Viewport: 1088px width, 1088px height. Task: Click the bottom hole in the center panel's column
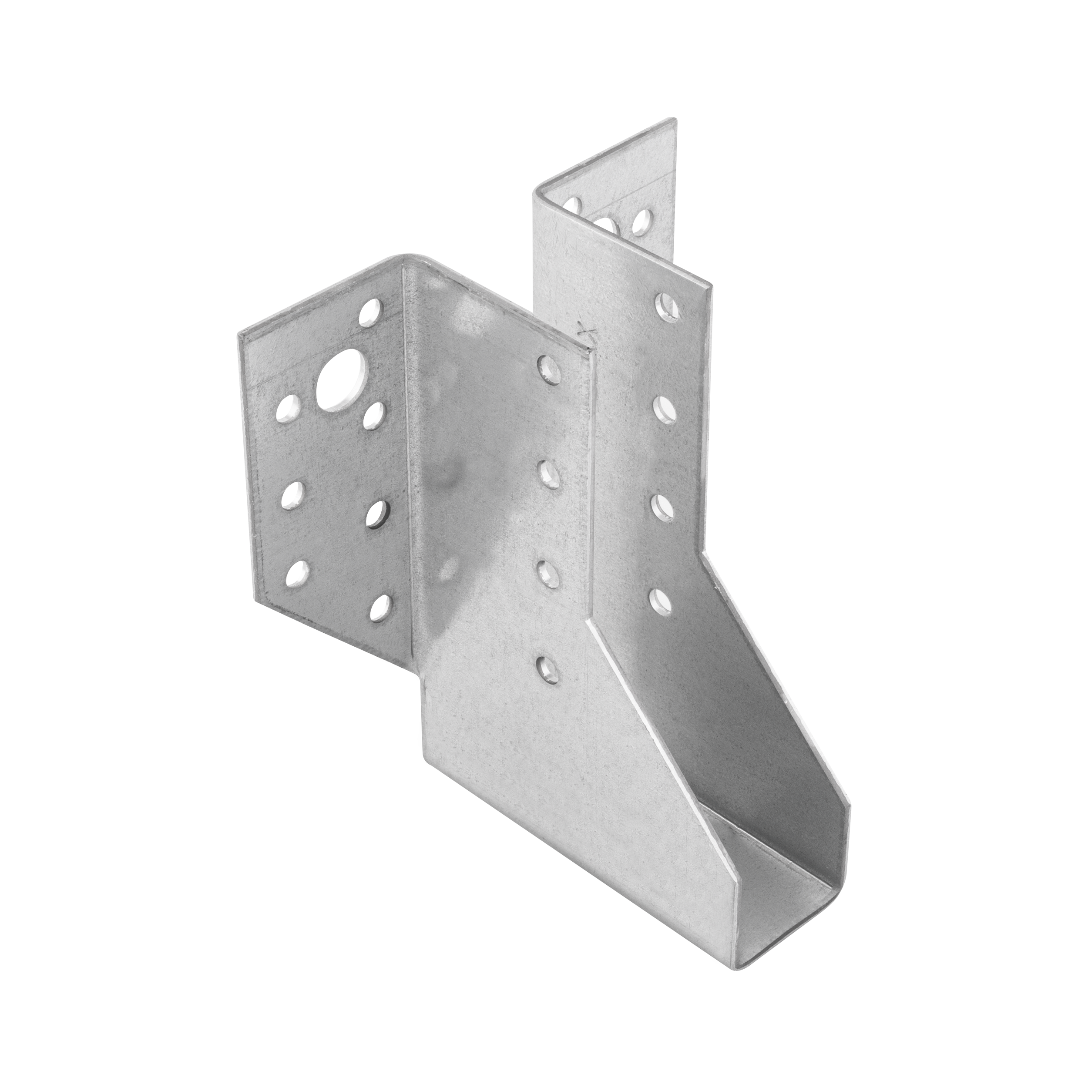547,668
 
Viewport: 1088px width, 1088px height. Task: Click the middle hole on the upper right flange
607,227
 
